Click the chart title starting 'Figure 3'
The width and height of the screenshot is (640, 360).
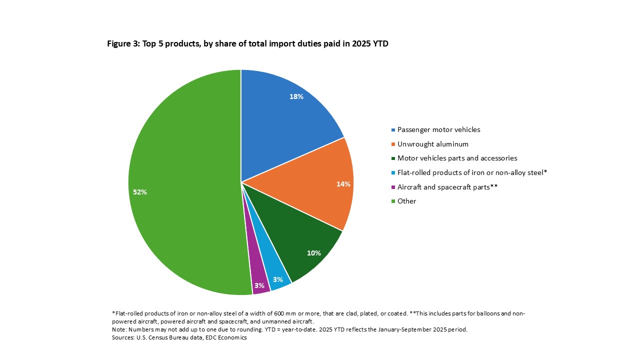[247, 43]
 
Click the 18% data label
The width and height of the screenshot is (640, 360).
[296, 96]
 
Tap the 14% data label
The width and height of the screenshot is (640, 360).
[343, 184]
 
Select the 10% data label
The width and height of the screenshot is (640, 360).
[313, 253]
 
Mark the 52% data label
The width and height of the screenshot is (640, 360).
[140, 192]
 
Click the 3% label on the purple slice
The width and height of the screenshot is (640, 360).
[259, 285]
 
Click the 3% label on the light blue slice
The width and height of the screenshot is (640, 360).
[278, 279]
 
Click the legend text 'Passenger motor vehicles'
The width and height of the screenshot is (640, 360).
[438, 129]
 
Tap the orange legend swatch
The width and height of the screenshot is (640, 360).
[393, 144]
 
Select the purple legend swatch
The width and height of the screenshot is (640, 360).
[393, 187]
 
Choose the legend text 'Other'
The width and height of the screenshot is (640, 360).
[406, 201]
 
